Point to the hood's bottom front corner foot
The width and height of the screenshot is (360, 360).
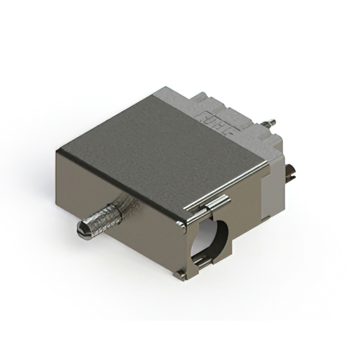tap(179, 274)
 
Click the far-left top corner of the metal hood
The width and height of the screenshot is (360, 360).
tap(58, 150)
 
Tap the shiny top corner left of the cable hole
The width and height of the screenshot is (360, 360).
tap(182, 224)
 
